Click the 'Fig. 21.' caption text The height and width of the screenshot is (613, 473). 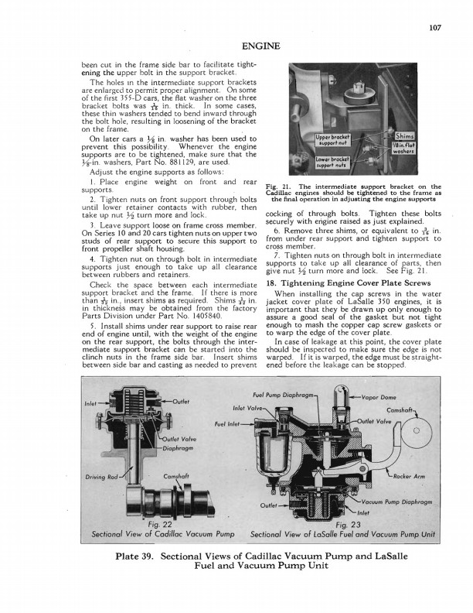pyautogui.click(x=277, y=187)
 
